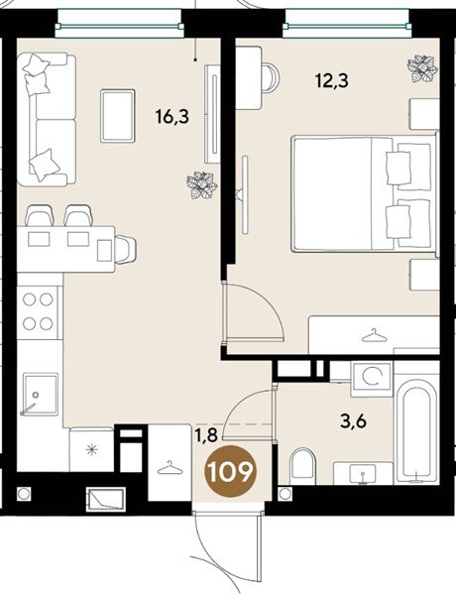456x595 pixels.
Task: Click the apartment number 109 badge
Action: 229,471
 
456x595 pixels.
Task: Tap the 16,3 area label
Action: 171,117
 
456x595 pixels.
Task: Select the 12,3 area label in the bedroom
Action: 332,81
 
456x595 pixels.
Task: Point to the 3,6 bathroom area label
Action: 355,420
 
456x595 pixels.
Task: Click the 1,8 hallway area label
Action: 206,435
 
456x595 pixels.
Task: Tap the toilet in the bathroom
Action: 302,467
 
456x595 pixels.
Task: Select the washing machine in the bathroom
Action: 372,379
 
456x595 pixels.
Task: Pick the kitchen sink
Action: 40,395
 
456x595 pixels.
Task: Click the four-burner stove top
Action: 39,312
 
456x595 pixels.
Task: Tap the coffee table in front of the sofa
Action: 118,116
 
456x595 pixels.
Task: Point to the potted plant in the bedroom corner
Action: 423,68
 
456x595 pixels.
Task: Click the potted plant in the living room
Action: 202,184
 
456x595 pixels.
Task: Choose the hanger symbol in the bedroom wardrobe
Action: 374,335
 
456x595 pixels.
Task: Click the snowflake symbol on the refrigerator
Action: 91,450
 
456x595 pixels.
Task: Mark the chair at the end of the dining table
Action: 125,249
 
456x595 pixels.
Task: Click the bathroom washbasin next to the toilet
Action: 363,473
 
